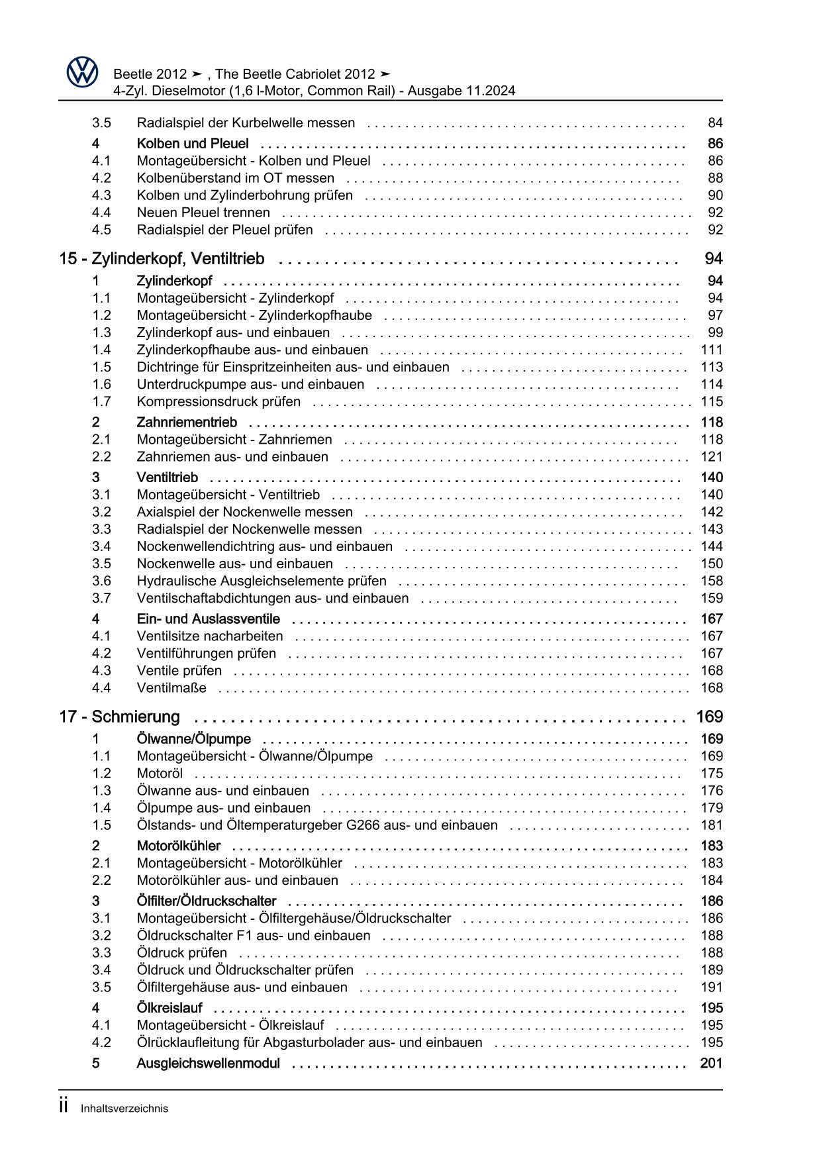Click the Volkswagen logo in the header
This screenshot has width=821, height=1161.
click(x=83, y=72)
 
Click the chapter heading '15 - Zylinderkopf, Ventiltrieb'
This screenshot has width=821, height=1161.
click(x=162, y=259)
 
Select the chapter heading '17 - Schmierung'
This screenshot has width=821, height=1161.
click(x=120, y=717)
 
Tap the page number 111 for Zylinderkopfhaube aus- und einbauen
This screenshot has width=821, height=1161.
click(x=712, y=350)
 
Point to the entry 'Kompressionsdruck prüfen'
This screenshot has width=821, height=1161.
click(x=218, y=402)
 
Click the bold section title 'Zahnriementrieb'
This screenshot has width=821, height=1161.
click(x=187, y=423)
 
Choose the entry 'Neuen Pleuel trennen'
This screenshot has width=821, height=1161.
click(x=203, y=213)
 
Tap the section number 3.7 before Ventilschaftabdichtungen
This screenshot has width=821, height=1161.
click(x=101, y=599)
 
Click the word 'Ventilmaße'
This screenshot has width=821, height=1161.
click(x=171, y=688)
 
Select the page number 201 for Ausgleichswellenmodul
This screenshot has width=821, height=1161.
click(x=711, y=1064)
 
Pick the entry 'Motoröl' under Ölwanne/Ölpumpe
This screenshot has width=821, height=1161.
click(x=160, y=774)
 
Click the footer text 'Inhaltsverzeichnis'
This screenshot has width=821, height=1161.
click(x=124, y=1109)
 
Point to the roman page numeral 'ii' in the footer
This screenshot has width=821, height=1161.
click(x=64, y=1107)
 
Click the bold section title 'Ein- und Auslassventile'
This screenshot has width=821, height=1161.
click(x=208, y=619)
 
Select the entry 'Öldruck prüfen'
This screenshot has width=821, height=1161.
click(x=182, y=953)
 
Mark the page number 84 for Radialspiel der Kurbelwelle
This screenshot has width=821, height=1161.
click(x=715, y=123)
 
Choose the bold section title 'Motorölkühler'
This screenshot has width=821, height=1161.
click(x=179, y=846)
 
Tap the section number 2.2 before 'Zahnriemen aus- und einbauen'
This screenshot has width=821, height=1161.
click(x=101, y=457)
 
